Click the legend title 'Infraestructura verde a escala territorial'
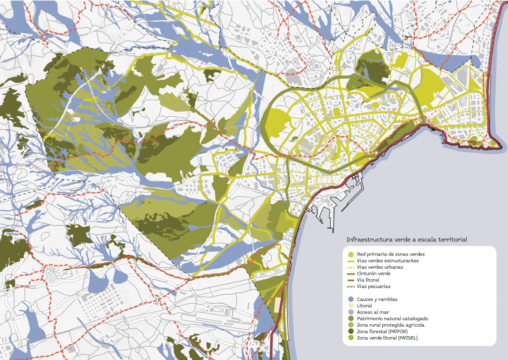click(x=406, y=239)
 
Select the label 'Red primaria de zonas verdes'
click(x=390, y=254)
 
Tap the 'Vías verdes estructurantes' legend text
click(x=388, y=261)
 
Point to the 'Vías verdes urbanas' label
click(x=380, y=267)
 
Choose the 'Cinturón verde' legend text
click(x=374, y=274)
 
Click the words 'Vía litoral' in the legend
click(x=368, y=280)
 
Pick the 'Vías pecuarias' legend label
click(x=373, y=286)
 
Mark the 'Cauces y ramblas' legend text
click(x=377, y=299)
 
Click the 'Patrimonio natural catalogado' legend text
click(x=393, y=319)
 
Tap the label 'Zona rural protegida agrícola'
click(x=391, y=325)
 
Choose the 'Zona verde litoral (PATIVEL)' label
click(x=389, y=338)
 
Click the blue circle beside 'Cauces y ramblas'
click(x=350, y=299)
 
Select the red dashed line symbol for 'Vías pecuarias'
click(x=350, y=286)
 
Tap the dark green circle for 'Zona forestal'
click(x=350, y=331)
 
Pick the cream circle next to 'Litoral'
click(x=350, y=305)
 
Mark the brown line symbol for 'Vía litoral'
click(x=350, y=280)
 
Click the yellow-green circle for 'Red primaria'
click(x=350, y=254)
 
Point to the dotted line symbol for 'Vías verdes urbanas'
click(x=350, y=267)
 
